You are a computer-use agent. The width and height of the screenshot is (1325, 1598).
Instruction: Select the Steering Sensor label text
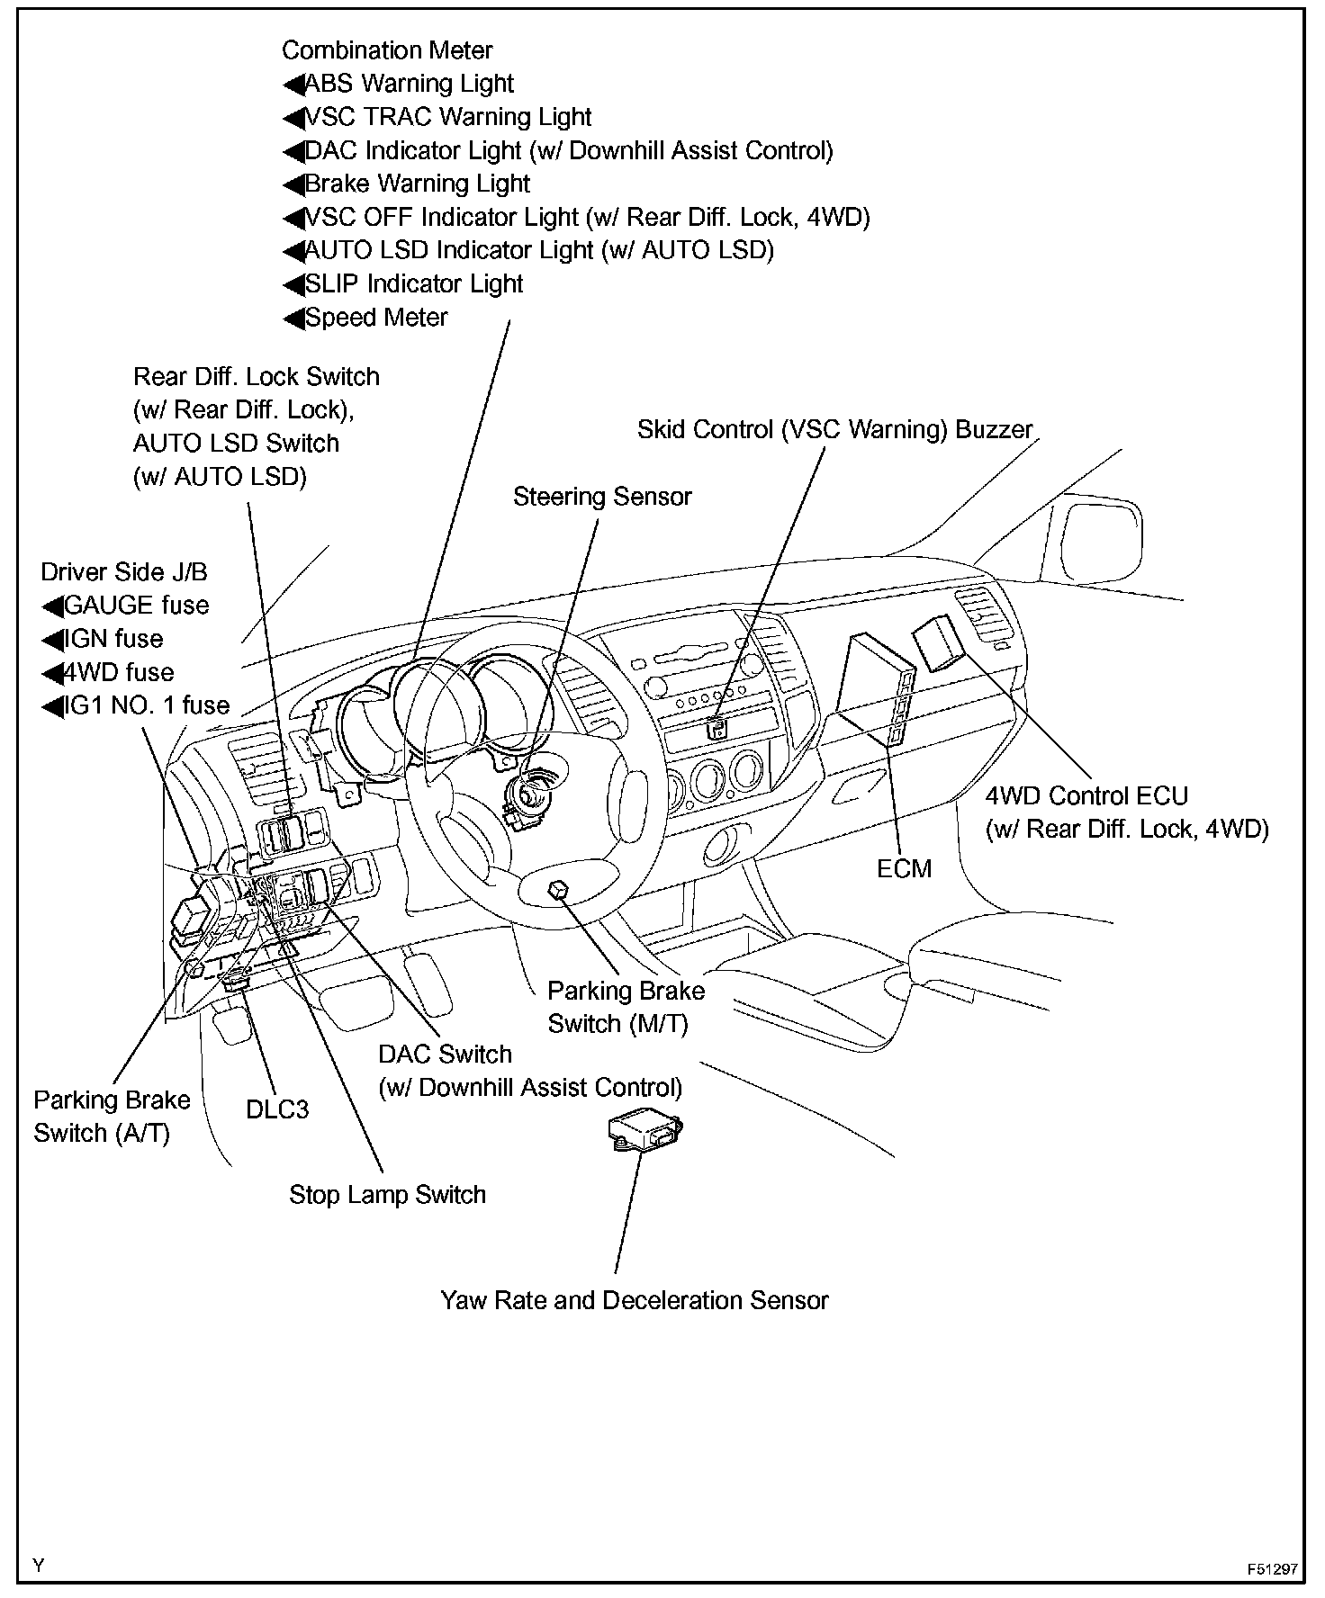[602, 497]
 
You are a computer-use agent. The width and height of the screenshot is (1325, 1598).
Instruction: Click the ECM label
[904, 868]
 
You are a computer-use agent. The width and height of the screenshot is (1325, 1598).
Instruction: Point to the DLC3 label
[277, 1109]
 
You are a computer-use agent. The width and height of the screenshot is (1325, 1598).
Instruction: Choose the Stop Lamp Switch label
[387, 1195]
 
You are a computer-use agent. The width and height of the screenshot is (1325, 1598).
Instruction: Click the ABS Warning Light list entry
[409, 84]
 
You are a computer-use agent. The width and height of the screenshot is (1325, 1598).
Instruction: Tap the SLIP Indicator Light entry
[414, 284]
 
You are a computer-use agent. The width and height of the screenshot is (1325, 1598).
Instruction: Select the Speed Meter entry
[376, 318]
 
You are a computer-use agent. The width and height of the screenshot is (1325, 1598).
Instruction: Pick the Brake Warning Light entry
[418, 184]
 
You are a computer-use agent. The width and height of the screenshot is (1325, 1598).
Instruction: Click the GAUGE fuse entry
[136, 606]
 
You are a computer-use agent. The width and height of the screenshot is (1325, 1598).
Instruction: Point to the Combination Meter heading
[387, 50]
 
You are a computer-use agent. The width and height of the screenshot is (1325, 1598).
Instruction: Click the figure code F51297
[1272, 1568]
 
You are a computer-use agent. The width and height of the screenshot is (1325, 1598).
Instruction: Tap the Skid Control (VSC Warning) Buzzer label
[834, 430]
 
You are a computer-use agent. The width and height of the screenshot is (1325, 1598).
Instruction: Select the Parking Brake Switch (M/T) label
[626, 1007]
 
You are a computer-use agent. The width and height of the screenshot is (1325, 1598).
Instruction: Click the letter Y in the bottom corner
[38, 1565]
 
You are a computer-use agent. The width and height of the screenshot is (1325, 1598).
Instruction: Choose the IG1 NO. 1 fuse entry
[147, 705]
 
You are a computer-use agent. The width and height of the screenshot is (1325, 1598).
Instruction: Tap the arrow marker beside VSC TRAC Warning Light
[293, 118]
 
